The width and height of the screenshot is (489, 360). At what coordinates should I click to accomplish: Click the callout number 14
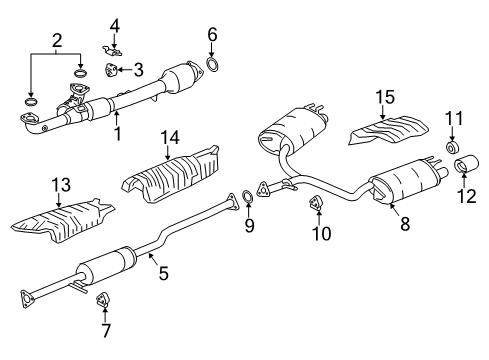coord(170,137)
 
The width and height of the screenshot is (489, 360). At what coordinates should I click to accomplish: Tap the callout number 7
coord(106,330)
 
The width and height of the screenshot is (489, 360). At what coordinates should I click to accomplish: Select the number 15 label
coord(385,97)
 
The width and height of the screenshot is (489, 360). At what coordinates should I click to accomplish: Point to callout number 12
coord(467,196)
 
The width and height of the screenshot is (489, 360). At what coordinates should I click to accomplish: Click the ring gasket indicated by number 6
coord(213,65)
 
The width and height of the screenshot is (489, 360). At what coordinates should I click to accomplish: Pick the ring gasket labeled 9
coord(247,196)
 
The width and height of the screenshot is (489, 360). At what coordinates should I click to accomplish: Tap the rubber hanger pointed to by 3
coord(111,70)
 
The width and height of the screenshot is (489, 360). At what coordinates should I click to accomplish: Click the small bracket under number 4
coord(112,50)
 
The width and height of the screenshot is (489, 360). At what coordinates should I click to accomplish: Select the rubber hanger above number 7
coord(101,299)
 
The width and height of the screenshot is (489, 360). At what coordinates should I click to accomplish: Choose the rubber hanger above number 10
coord(315,202)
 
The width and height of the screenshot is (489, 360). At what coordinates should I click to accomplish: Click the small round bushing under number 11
coord(452,148)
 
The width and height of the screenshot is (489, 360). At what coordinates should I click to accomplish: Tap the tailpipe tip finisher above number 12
coord(467,163)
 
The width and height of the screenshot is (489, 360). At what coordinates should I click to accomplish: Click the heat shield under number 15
coord(389,130)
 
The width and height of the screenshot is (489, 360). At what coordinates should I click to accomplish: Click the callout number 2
coord(57,40)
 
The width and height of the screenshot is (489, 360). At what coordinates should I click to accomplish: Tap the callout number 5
coord(164,273)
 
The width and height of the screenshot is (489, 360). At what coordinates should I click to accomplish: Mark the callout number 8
coord(405,223)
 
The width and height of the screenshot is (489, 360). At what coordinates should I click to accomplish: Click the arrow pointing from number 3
coord(124,70)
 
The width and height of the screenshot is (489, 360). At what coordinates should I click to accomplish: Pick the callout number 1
coord(117,133)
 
